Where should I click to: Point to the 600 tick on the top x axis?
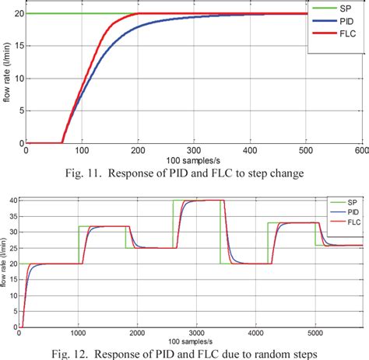pyautogui.click(x=360, y=151)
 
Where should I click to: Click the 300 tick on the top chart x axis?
pyautogui.click(x=193, y=151)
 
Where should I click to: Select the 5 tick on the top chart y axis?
pyautogui.click(x=19, y=111)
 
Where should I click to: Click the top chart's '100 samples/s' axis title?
pyautogui.click(x=195, y=157)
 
